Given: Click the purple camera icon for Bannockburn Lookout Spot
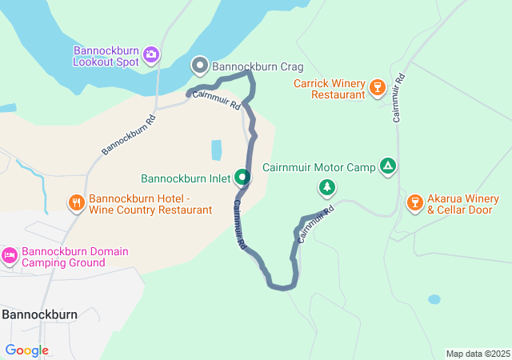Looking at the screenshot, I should pyautogui.click(x=151, y=56).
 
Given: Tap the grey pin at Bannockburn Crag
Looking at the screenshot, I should pyautogui.click(x=200, y=65).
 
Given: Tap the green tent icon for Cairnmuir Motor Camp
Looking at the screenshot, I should pyautogui.click(x=388, y=166).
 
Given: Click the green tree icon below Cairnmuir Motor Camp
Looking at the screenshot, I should pyautogui.click(x=326, y=188).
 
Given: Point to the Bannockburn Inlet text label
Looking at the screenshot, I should pyautogui.click(x=186, y=178).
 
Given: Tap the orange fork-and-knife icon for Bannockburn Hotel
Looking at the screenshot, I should pyautogui.click(x=77, y=203).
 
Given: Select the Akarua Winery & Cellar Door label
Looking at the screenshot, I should pyautogui.click(x=463, y=204).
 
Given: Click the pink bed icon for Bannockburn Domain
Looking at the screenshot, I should pyautogui.click(x=10, y=256).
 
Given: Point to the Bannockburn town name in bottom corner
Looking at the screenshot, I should pyautogui.click(x=39, y=314).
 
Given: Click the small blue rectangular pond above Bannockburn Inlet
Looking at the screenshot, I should pyautogui.click(x=216, y=150).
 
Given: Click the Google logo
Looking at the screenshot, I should pyautogui.click(x=27, y=350).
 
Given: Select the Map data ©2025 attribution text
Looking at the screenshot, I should pyautogui.click(x=477, y=354).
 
